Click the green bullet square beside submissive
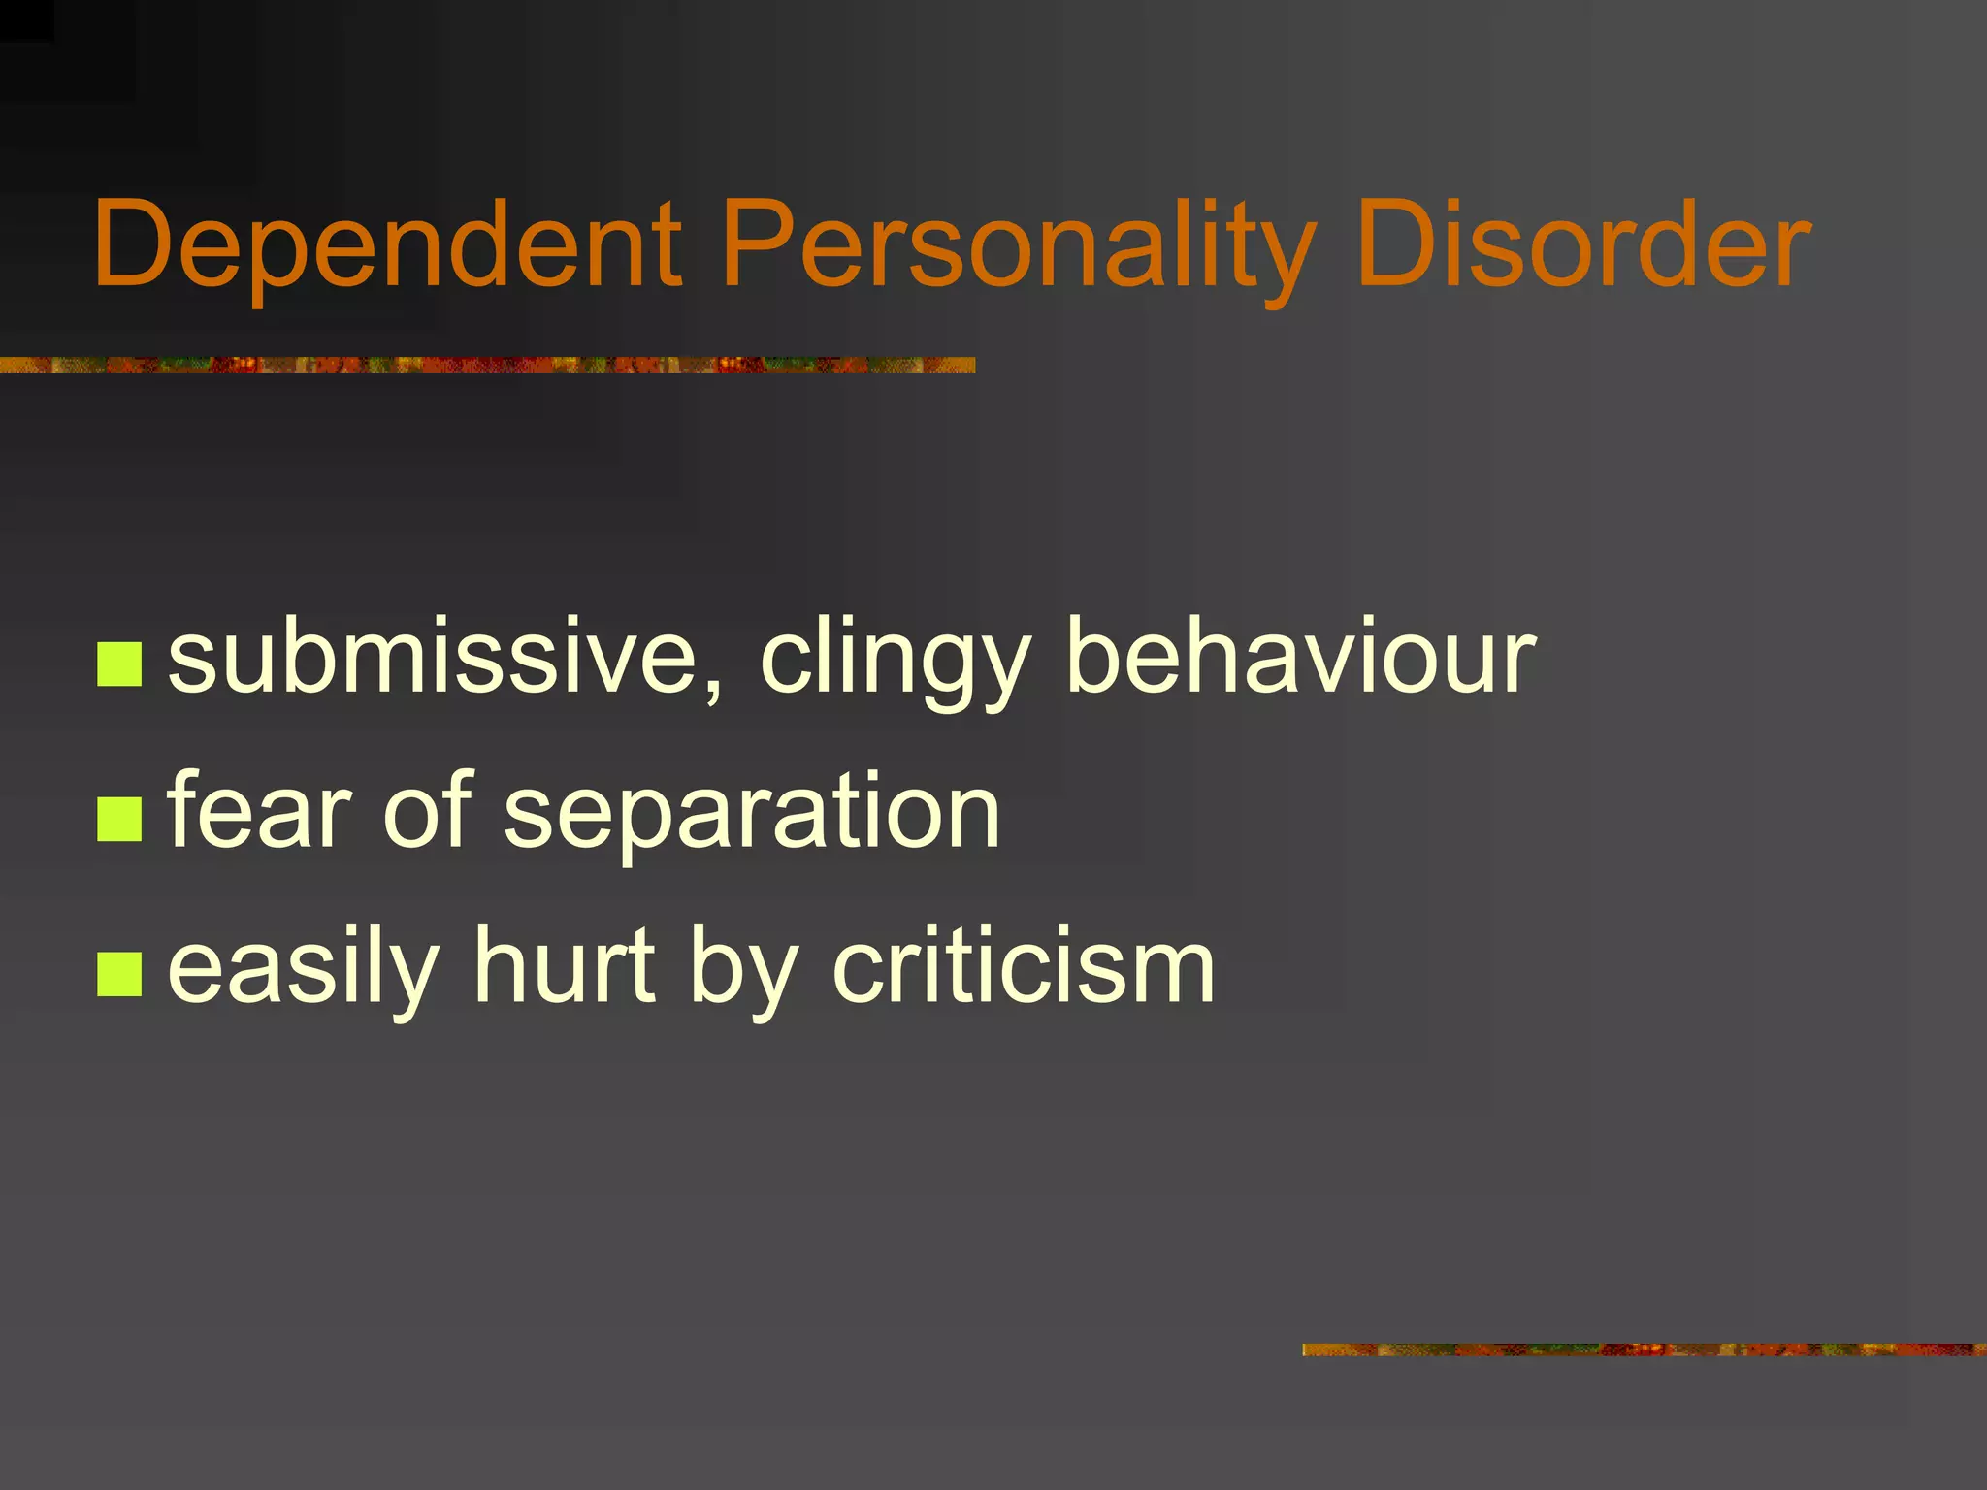[120, 664]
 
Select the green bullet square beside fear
[120, 819]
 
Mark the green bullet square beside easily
[120, 974]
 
